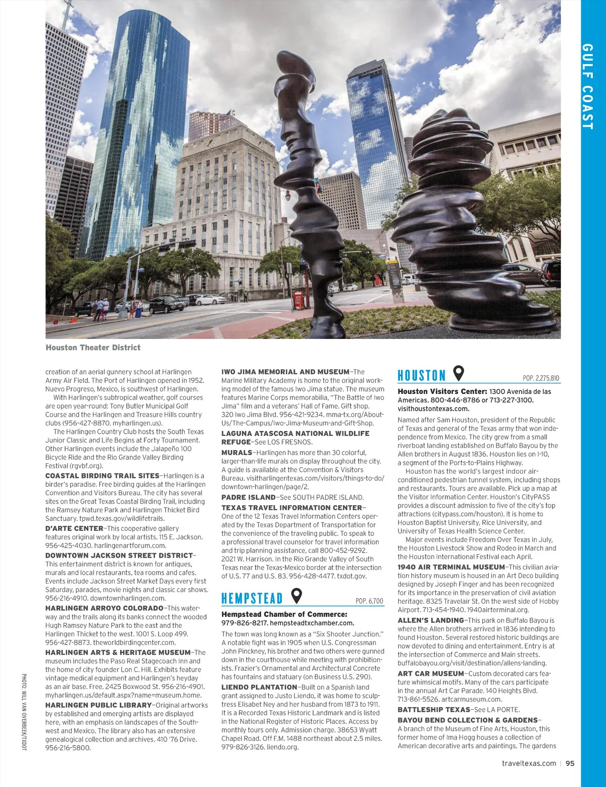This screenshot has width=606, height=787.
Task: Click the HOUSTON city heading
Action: [x=421, y=375]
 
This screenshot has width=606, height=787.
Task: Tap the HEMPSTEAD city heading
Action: [x=251, y=599]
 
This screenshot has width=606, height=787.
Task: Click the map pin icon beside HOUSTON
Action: [x=459, y=374]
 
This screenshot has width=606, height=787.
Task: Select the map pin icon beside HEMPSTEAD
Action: [x=297, y=597]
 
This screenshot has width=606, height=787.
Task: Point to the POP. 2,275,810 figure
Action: [x=541, y=378]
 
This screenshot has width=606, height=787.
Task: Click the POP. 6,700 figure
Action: [x=369, y=601]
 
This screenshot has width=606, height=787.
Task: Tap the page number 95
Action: [x=570, y=763]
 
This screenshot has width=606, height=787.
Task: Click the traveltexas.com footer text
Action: [x=529, y=763]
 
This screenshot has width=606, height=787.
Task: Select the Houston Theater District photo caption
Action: [x=93, y=348]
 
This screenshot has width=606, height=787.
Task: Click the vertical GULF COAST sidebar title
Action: [x=587, y=86]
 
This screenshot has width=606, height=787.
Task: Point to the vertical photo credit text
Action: [x=24, y=712]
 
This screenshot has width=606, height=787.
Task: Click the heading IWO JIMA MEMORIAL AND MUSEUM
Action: [x=285, y=372]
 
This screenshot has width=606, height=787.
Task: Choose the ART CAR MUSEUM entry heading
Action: [x=431, y=673]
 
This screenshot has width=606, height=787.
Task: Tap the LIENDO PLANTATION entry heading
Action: [x=259, y=687]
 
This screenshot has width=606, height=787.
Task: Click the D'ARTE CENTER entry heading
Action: [x=74, y=528]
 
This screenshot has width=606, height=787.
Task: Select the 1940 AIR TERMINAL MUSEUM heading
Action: [x=451, y=567]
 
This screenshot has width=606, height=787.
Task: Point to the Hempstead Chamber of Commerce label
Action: [x=284, y=614]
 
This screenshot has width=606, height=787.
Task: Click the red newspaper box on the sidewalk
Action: [x=298, y=300]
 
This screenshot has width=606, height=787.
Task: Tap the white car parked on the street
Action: [x=211, y=300]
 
